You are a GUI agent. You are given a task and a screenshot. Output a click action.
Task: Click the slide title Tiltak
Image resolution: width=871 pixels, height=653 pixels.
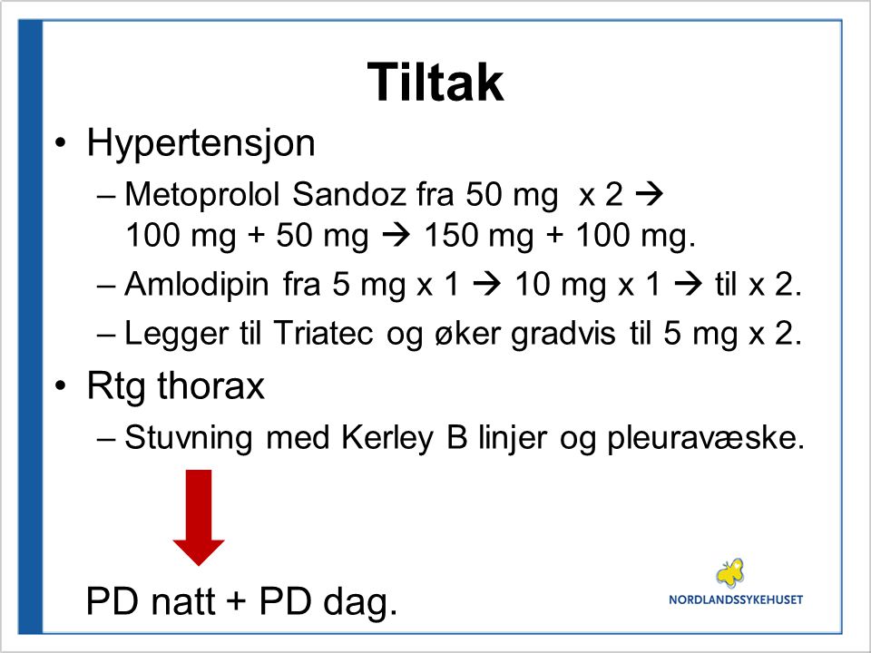(435, 82)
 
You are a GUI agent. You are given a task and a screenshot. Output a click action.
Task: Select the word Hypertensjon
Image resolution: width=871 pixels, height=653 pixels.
(201, 144)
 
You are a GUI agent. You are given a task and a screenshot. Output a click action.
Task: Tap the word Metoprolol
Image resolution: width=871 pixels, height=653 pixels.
(202, 194)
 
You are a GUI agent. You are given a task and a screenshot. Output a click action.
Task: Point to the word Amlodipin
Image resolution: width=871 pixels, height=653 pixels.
(197, 286)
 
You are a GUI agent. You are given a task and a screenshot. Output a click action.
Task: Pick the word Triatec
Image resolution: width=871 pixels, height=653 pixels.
(323, 333)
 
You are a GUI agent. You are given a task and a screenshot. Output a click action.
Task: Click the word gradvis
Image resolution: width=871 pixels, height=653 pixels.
(563, 335)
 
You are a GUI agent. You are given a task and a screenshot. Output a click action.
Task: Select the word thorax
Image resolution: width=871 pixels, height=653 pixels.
(211, 385)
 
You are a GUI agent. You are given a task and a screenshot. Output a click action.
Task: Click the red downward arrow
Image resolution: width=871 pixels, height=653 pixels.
(199, 518)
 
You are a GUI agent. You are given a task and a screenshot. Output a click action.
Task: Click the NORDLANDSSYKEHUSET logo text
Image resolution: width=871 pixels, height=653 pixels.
(736, 599)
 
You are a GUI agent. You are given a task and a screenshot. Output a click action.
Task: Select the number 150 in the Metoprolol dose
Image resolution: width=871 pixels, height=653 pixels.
(451, 235)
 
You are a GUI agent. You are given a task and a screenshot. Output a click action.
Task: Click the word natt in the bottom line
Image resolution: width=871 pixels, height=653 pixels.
(182, 601)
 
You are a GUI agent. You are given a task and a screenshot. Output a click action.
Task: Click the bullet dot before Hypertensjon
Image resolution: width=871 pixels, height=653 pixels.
(61, 143)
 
